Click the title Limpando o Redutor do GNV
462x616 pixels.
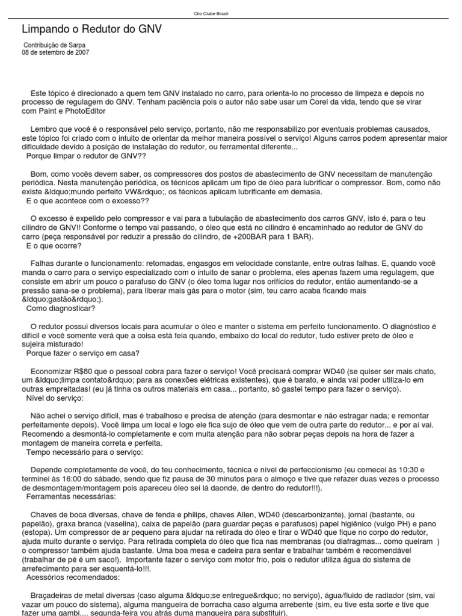(x=91, y=29)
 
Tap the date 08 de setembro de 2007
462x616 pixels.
(x=56, y=52)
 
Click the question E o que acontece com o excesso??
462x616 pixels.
(x=88, y=201)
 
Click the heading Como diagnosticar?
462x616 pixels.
(x=60, y=309)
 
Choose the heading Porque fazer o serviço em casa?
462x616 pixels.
(x=83, y=353)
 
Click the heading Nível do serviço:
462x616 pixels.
(x=55, y=399)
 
